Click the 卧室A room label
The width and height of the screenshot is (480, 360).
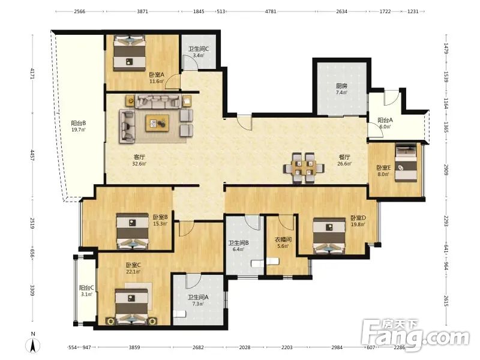pos(157,74)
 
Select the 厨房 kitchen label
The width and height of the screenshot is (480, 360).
pos(341,86)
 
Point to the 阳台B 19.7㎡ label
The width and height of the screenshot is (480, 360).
pos(79,126)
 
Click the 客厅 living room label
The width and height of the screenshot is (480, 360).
pos(139,157)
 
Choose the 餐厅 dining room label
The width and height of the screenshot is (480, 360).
pos(344,157)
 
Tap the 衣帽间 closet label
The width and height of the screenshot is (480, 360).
pos(283,239)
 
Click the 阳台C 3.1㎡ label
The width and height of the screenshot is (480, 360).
pos(86,291)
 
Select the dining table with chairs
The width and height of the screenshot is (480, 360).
pos(304,168)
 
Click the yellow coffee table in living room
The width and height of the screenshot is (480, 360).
pos(157,123)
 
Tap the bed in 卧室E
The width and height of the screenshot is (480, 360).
pos(406,163)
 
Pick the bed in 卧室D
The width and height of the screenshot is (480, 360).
pos(329,236)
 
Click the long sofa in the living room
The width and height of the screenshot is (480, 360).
pos(157,101)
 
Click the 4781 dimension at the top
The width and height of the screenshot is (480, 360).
pos(271,11)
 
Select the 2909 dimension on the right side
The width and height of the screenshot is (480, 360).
pos(446,170)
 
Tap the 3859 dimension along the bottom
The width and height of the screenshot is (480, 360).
pos(134,347)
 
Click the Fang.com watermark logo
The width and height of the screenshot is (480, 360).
pos(415,335)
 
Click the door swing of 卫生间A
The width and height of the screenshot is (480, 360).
pos(193,281)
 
